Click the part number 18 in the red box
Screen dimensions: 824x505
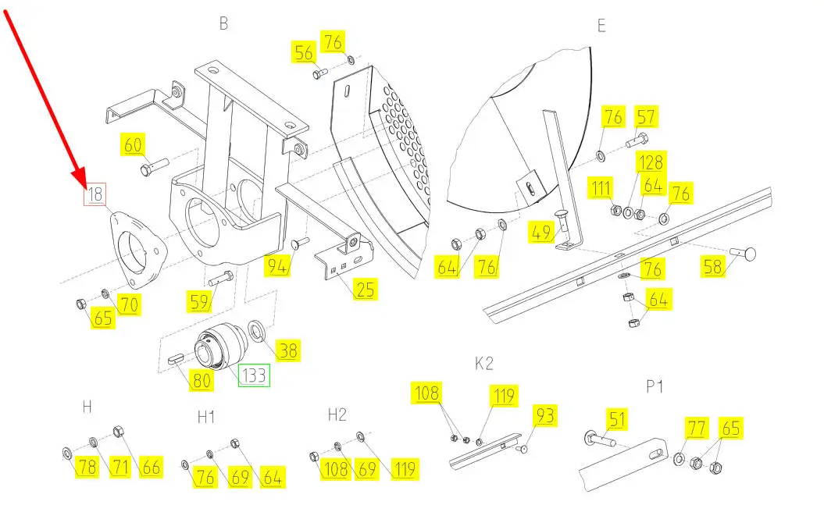point(95,194)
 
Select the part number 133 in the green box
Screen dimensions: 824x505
point(255,375)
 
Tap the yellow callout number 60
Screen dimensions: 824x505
point(133,144)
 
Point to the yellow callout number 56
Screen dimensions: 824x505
point(304,52)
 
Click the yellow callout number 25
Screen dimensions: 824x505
point(366,290)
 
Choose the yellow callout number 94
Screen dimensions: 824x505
point(277,266)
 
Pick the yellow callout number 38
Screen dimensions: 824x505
point(288,350)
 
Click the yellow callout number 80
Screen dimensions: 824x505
point(202,380)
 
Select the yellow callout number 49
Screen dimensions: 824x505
point(540,232)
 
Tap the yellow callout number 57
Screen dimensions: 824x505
point(646,116)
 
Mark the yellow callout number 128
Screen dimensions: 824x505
point(651,162)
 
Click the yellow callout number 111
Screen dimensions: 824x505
point(601,187)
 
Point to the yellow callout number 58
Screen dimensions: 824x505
point(713,267)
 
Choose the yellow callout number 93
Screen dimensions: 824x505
point(545,415)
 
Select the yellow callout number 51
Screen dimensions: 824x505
point(618,419)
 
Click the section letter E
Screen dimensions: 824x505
point(601,26)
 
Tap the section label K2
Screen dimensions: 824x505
point(484,363)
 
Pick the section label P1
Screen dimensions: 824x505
point(655,387)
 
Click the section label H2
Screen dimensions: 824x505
point(337,414)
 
